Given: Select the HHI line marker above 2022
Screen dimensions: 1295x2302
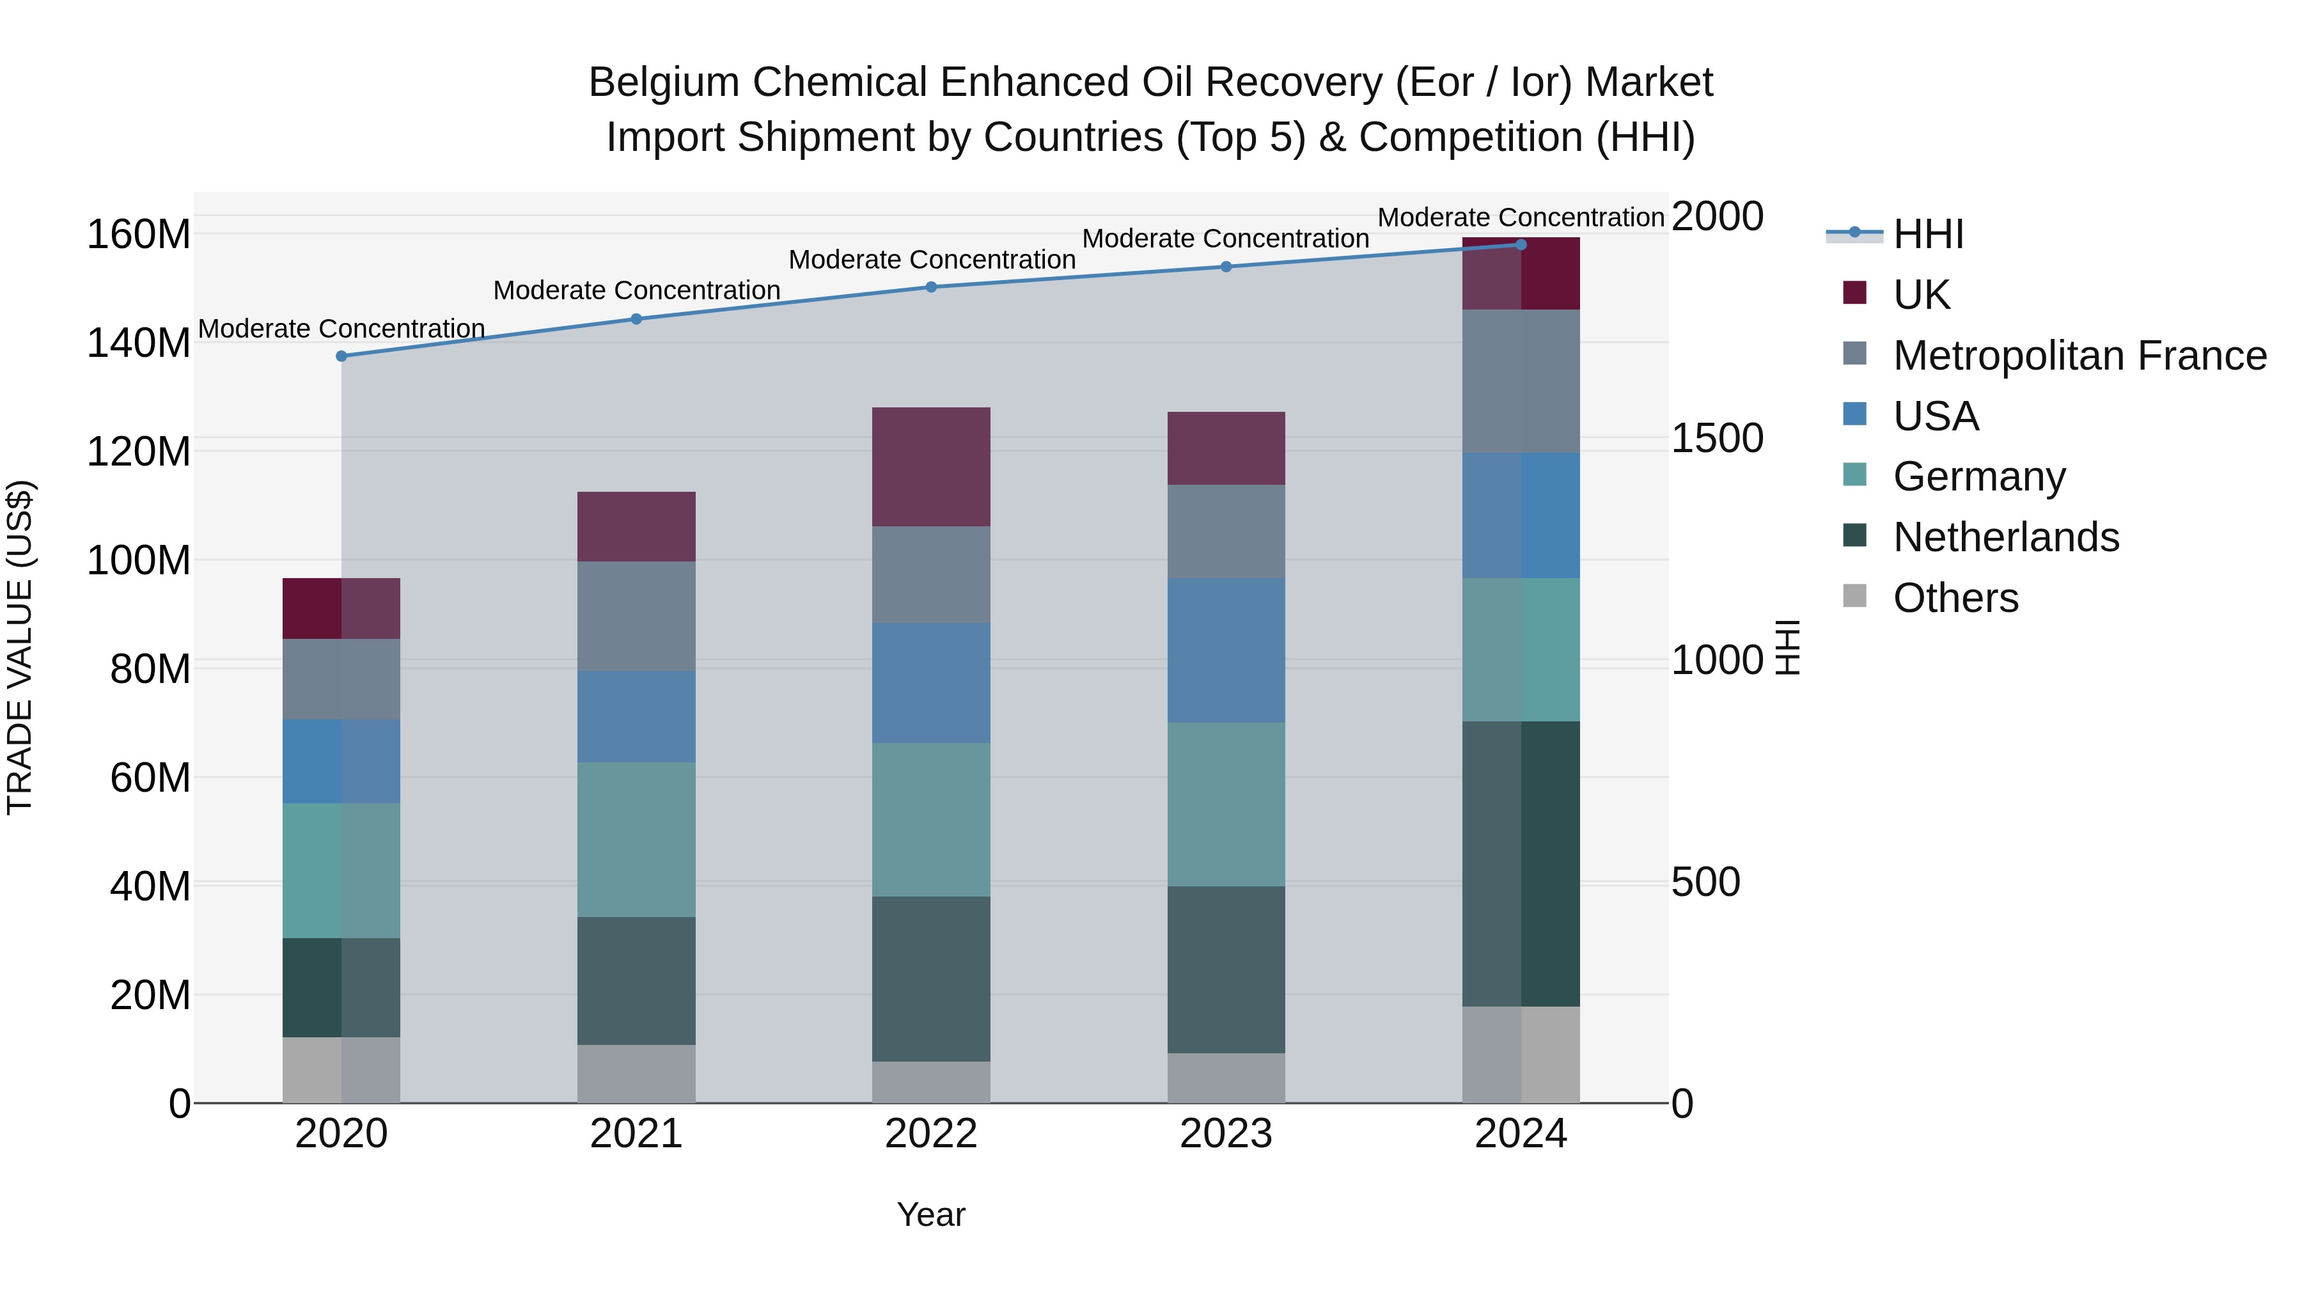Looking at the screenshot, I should point(931,287).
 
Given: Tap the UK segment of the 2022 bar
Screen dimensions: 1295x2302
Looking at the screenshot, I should point(931,467).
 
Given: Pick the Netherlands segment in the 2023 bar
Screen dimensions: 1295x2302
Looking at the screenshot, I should point(1226,969).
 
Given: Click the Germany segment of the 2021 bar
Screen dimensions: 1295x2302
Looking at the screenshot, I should point(636,839).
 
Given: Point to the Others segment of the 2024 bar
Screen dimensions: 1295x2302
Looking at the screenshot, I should point(1521,1055).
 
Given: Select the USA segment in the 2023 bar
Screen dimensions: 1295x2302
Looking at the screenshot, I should point(1226,650).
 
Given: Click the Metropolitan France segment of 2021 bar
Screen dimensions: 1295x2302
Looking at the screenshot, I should point(636,616).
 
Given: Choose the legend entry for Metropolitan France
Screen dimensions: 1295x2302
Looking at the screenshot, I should point(2079,356).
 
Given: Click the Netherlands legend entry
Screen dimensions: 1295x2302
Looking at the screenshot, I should point(2005,537).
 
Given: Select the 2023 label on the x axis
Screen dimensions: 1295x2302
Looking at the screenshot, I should point(1226,1134).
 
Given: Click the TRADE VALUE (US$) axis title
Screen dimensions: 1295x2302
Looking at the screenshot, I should point(20,647).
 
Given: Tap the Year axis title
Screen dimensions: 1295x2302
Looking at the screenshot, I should point(931,1214).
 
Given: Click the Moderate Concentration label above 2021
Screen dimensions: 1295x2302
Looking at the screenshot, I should point(636,290).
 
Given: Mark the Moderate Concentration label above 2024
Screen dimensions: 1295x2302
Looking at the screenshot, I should point(1521,217).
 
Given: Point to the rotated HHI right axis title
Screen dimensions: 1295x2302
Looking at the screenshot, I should point(1787,647).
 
